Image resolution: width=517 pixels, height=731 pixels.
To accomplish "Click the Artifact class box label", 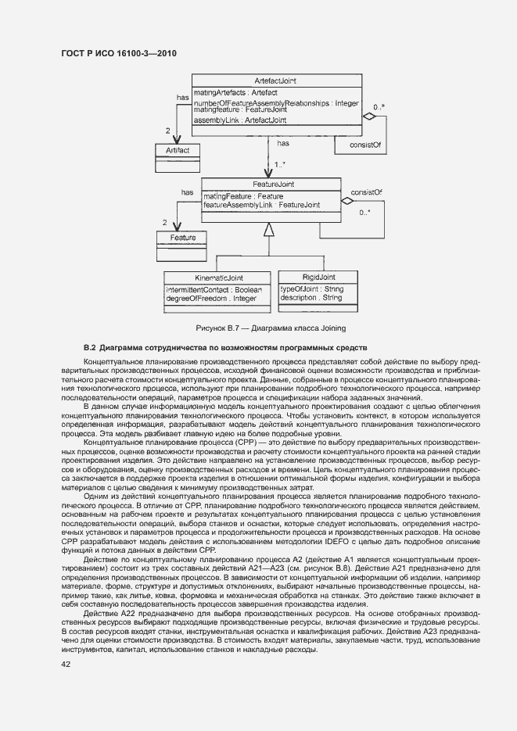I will point(177,149).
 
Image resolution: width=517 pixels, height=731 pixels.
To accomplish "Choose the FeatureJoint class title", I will point(271,185).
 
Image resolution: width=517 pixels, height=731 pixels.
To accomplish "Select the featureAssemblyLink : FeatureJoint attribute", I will point(261,205).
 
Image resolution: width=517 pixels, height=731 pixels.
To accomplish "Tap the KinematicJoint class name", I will point(218,278).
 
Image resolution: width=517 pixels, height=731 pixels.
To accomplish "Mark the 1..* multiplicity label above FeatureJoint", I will point(280,164).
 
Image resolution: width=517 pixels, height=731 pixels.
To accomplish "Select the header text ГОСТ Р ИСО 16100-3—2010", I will point(119,52).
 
